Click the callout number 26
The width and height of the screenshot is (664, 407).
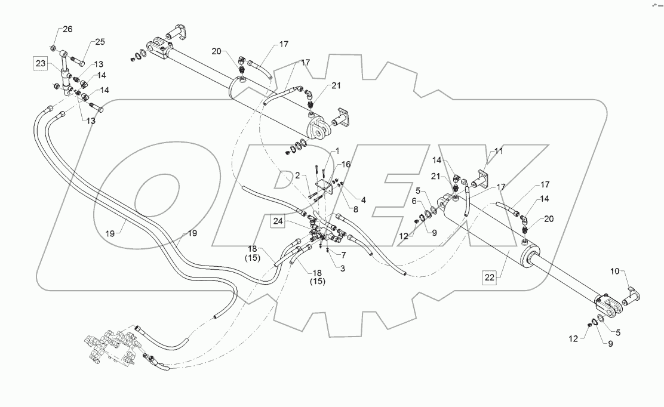(x=67, y=29)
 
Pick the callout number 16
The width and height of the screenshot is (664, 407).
(x=346, y=164)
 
